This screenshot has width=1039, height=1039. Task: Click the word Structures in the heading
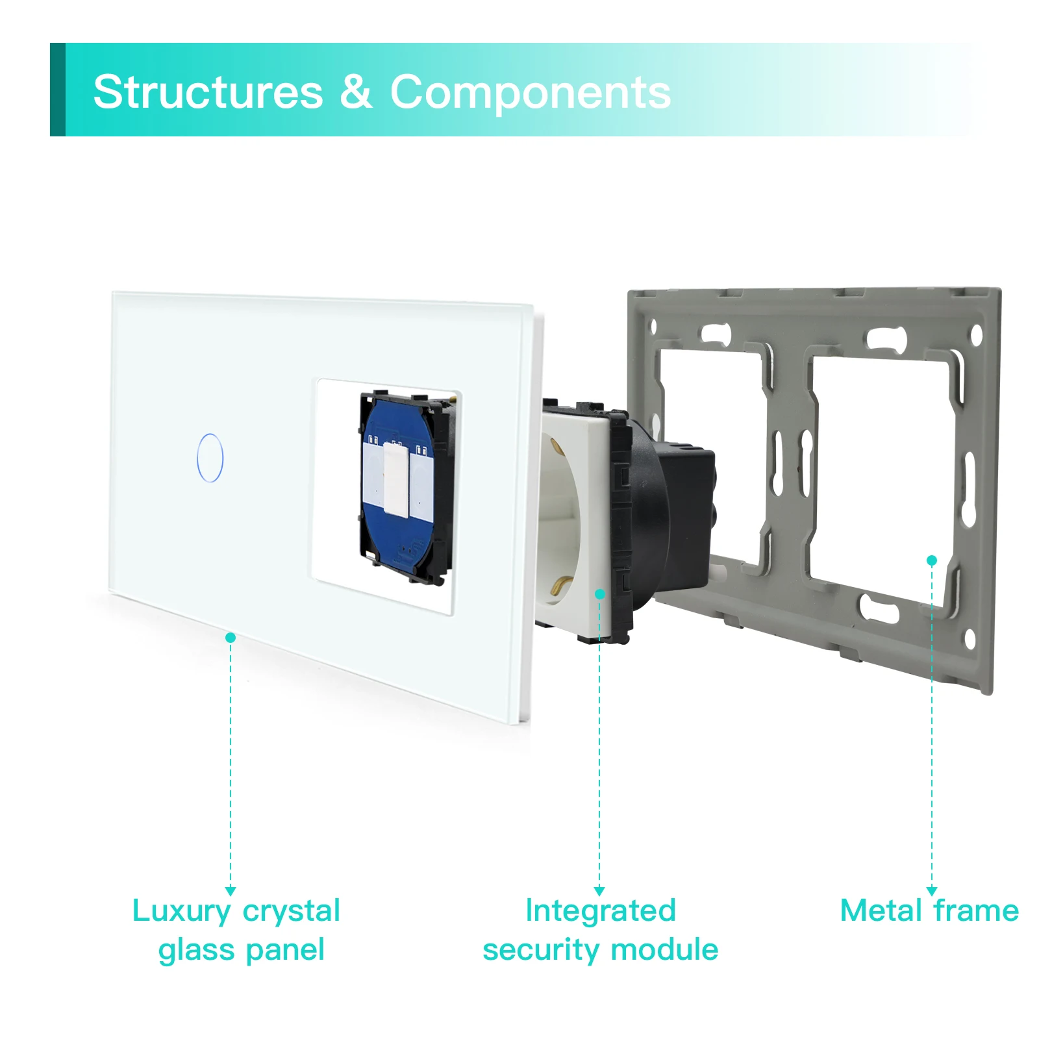click(x=208, y=92)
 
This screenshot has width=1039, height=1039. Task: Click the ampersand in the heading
click(x=356, y=92)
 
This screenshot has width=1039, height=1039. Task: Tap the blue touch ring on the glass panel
click(x=210, y=458)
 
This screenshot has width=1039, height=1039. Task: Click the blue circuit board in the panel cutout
click(x=397, y=487)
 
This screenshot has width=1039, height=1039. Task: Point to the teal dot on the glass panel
click(x=231, y=638)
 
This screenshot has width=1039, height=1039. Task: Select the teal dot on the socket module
click(x=599, y=594)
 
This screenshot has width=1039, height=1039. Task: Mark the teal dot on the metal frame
click(x=932, y=560)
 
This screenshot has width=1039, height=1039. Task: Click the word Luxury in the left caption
click(x=181, y=912)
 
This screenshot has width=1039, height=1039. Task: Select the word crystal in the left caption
click(x=291, y=912)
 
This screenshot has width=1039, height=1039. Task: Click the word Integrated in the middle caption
click(x=601, y=910)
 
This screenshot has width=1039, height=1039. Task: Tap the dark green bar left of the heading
click(x=58, y=90)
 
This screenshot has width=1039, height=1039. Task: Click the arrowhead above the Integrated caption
click(x=599, y=891)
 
